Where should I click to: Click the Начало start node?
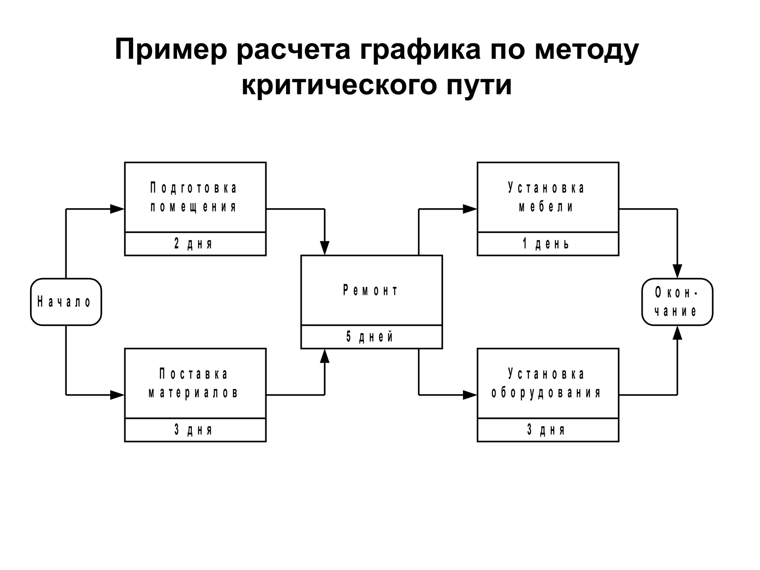pyautogui.click(x=66, y=302)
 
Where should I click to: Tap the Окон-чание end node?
pyautogui.click(x=677, y=302)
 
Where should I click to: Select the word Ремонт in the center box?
pyautogui.click(x=371, y=290)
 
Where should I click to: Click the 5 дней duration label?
pyautogui.click(x=370, y=337)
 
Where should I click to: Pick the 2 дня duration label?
pyautogui.click(x=194, y=244)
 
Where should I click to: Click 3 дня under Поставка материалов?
pyautogui.click(x=194, y=430)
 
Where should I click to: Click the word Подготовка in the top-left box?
pyautogui.click(x=194, y=188)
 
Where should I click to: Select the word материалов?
pyautogui.click(x=194, y=393)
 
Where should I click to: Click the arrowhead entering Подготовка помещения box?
pyautogui.click(x=117, y=209)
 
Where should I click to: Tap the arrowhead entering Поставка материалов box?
pyautogui.click(x=117, y=395)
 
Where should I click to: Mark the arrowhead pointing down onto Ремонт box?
pyautogui.click(x=325, y=248)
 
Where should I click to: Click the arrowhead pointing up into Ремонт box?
pyautogui.click(x=325, y=356)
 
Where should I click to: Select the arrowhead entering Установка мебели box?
pyautogui.click(x=470, y=209)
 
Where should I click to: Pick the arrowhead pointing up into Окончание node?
pyautogui.click(x=677, y=333)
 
